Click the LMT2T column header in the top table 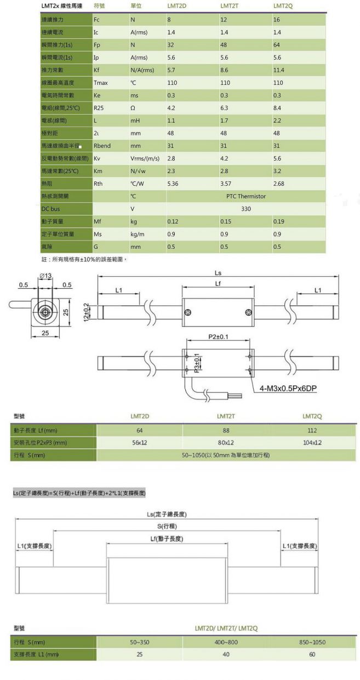tap(229, 6)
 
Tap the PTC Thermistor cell tap(245, 196)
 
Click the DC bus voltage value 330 tap(245, 209)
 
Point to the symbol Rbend tap(102, 146)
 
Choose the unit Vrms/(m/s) tap(145, 158)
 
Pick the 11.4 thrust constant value tap(278, 70)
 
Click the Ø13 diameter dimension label tap(45, 275)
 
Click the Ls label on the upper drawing tap(218, 272)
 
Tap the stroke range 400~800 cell tap(226, 642)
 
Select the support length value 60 tap(312, 654)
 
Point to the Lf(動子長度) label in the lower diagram tap(166, 539)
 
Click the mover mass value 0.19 tap(278, 221)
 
